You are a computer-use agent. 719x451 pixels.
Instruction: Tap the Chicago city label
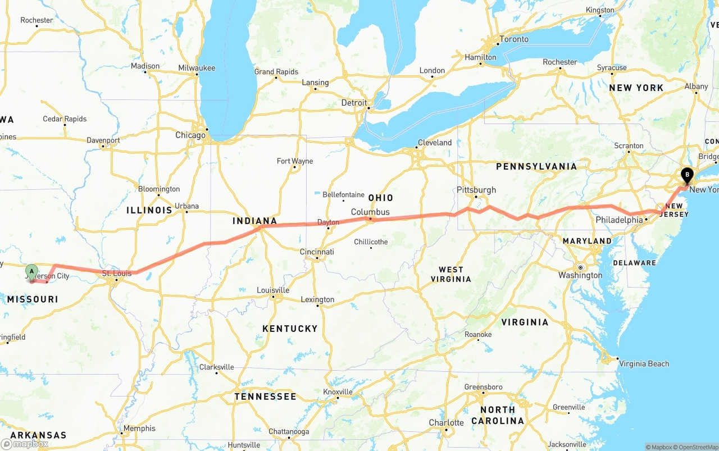tap(190, 135)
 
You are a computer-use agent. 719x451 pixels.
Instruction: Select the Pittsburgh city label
tap(476, 190)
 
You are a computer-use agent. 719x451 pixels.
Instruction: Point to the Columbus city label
tap(370, 212)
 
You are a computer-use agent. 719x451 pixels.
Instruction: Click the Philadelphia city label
tap(619, 220)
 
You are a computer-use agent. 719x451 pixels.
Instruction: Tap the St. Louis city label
tap(116, 274)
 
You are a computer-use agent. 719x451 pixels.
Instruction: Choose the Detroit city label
tap(354, 103)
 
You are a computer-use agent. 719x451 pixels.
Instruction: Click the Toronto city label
tap(514, 39)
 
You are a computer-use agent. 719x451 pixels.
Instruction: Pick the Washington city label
tap(580, 275)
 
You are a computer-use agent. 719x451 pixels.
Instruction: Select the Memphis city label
tap(139, 429)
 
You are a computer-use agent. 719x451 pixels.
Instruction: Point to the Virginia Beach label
tap(644, 363)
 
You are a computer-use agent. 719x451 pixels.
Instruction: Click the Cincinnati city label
tap(317, 252)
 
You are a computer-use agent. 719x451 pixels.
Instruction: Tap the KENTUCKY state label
tap(290, 329)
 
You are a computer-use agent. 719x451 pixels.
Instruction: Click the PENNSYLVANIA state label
tap(536, 166)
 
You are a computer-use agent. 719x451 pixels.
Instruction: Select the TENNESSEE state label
tap(265, 397)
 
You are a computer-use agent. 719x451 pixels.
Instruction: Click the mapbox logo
tap(25, 444)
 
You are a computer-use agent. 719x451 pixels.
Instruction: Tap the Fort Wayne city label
tap(295, 161)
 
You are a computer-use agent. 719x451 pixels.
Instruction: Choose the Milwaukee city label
tap(197, 68)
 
